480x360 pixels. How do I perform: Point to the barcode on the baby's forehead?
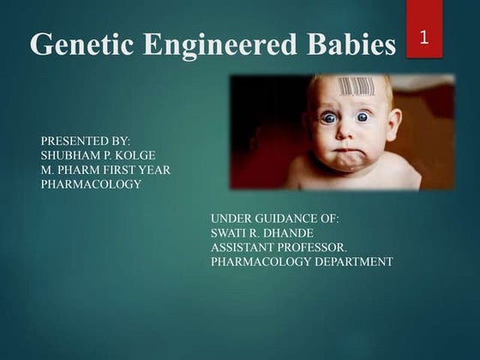pos(356,87)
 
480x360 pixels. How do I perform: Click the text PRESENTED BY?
pos(85,139)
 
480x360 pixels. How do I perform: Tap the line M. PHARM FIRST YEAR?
pos(105,170)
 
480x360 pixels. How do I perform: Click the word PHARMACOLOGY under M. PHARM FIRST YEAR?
pos(91,184)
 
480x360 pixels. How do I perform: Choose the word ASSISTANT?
pos(246,247)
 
